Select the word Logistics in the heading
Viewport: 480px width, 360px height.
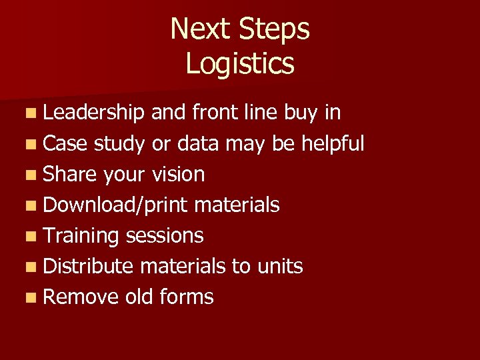(x=240, y=64)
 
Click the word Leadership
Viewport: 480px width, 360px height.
(x=93, y=113)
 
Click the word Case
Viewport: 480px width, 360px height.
(x=65, y=143)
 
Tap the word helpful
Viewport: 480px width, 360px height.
(x=333, y=143)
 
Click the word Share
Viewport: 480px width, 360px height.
(x=70, y=174)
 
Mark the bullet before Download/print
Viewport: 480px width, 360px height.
(x=33, y=205)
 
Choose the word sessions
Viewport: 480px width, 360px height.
(x=164, y=236)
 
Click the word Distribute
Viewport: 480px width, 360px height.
(x=89, y=266)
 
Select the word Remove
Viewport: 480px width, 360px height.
(x=81, y=297)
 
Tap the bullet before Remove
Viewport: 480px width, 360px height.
(x=33, y=297)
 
